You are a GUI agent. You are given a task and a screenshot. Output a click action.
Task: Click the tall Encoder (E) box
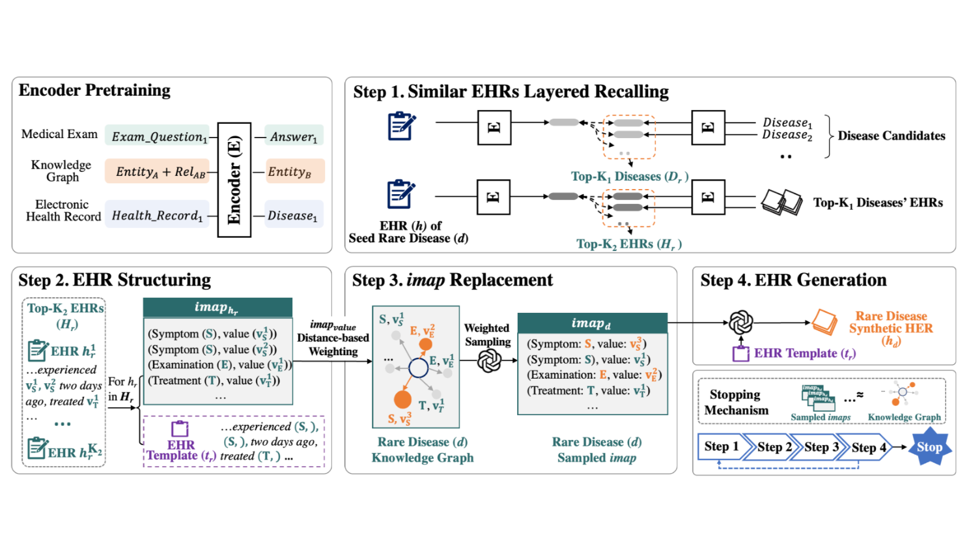(234, 180)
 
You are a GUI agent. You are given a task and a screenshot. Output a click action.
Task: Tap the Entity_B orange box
(294, 171)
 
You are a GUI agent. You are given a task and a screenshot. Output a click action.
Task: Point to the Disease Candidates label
(891, 136)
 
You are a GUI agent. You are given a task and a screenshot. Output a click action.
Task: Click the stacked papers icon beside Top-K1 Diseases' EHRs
(781, 202)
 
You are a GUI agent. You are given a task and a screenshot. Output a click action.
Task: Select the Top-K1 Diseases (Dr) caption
(629, 177)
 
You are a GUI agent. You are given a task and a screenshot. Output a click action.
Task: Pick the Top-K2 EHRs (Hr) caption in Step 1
(628, 244)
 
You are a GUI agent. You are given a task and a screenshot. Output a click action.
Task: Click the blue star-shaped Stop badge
(929, 447)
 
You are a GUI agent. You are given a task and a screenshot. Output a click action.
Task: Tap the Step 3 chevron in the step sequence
(821, 447)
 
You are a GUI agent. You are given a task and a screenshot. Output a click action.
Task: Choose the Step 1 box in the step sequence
(720, 446)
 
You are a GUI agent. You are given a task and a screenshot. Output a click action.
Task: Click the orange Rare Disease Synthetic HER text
(891, 328)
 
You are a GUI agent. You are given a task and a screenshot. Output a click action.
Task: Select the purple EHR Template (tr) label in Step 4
(804, 353)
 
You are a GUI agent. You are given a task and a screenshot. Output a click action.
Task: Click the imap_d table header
(592, 323)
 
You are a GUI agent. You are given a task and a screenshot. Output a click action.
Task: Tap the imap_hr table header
(217, 308)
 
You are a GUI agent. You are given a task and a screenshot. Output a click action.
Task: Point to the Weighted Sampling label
(487, 335)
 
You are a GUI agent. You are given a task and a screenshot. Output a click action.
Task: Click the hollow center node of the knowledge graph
(418, 368)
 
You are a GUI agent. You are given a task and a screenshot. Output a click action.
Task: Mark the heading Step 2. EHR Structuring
(115, 280)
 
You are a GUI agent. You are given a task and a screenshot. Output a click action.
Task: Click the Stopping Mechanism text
(735, 402)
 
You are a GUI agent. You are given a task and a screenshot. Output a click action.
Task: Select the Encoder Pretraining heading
(94, 90)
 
